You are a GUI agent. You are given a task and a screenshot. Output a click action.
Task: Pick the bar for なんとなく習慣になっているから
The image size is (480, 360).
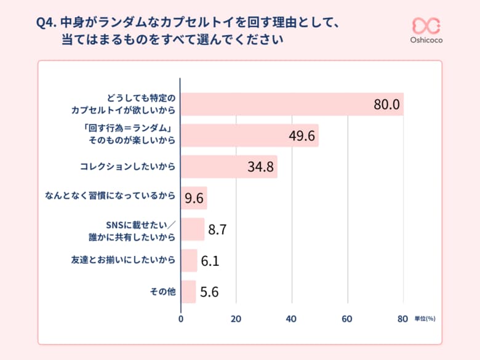coord(194,198)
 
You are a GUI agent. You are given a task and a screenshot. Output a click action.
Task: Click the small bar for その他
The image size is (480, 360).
coord(188,292)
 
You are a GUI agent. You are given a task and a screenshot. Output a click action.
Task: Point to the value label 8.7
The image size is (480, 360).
coord(218,230)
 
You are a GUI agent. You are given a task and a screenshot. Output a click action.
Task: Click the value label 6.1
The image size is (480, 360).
coord(210,261)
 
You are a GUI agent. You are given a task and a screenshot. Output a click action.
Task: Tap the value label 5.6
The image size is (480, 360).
coord(209,292)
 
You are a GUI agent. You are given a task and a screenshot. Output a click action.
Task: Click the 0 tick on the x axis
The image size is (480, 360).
coord(180,319)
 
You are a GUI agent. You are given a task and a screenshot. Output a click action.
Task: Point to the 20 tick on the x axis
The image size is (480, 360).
coord(236,319)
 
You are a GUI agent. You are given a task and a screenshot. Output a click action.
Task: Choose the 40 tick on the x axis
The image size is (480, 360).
coord(291,319)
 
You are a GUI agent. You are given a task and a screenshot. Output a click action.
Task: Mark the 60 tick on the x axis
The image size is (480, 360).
coord(347,319)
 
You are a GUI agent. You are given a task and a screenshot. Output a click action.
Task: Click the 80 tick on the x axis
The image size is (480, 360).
coord(402,319)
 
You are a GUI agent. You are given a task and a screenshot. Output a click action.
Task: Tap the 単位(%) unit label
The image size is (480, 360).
coord(425,319)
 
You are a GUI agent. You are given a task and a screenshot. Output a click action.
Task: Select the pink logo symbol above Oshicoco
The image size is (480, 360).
coord(426,25)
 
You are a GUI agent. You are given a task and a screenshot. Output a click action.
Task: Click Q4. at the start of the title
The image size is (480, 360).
coord(47,25)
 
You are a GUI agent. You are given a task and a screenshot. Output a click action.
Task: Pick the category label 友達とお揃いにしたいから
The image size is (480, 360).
coord(123,260)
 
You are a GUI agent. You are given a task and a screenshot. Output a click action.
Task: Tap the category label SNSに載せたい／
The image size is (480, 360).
coord(141,223)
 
